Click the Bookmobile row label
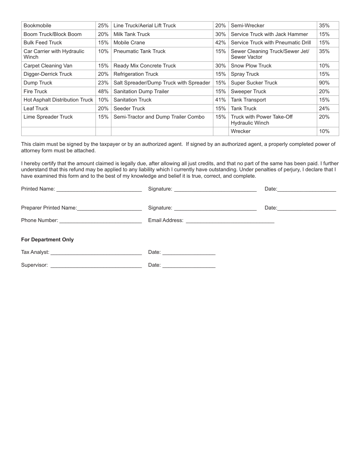[37, 25]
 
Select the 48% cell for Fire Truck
[103, 91]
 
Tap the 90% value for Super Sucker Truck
[324, 83]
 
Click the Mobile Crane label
[129, 42]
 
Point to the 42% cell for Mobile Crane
[220, 42]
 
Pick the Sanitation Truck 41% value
[220, 100]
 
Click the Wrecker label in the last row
[240, 131]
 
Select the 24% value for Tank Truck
[324, 108]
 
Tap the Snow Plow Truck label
[251, 66]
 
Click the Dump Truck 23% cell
[103, 83]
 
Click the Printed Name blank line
[99, 189]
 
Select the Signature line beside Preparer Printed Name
[215, 208]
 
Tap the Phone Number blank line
[100, 221]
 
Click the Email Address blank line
[230, 221]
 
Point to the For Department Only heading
[47, 239]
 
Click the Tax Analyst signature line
[96, 253]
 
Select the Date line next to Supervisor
[189, 266]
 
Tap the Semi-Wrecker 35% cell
[324, 25]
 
